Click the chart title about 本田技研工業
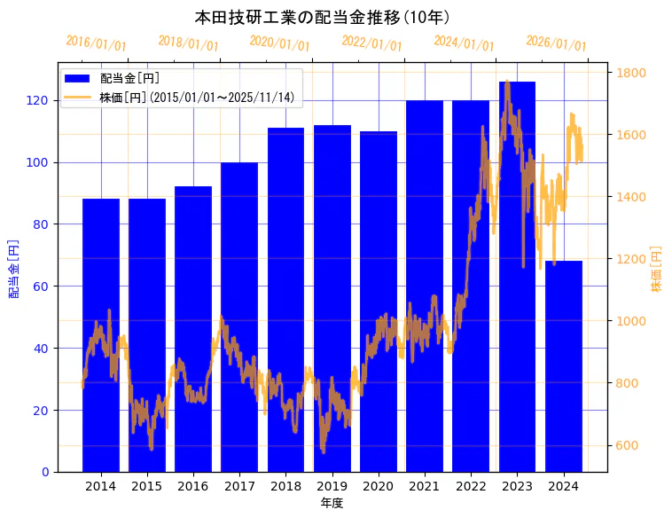323,17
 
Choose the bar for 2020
379,301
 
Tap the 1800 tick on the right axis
632,73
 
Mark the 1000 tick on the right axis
632,321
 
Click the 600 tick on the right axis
629,445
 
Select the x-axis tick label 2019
332,486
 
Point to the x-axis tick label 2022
471,486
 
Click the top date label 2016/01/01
96,43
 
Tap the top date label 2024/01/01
464,43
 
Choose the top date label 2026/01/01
556,43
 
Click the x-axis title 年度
332,503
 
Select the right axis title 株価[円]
657,271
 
